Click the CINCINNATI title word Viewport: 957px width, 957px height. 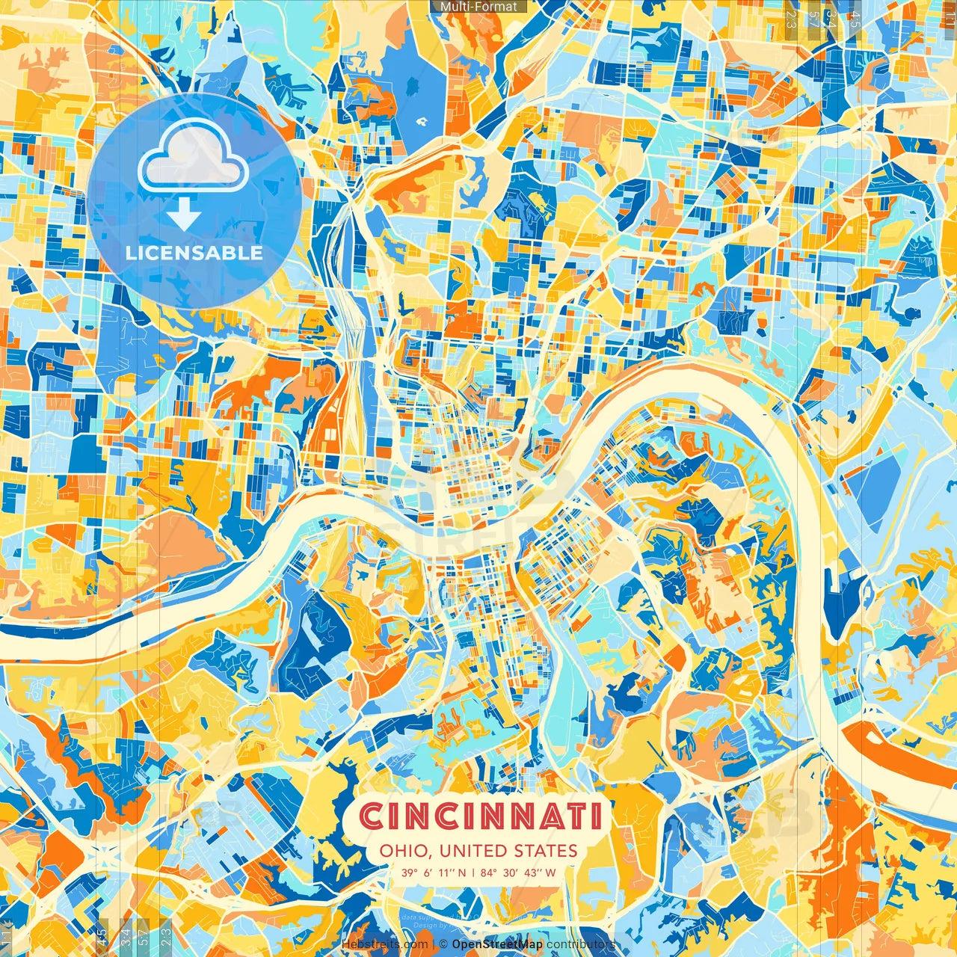(x=481, y=816)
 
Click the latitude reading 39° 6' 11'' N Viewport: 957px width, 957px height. (x=433, y=873)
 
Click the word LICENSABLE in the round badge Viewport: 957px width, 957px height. (x=194, y=253)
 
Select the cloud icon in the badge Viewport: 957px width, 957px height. (x=193, y=155)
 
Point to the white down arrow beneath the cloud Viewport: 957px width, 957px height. (x=184, y=216)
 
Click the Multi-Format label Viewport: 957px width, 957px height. (x=478, y=7)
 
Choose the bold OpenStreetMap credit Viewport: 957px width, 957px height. (x=497, y=944)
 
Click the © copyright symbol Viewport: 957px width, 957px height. (x=443, y=944)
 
